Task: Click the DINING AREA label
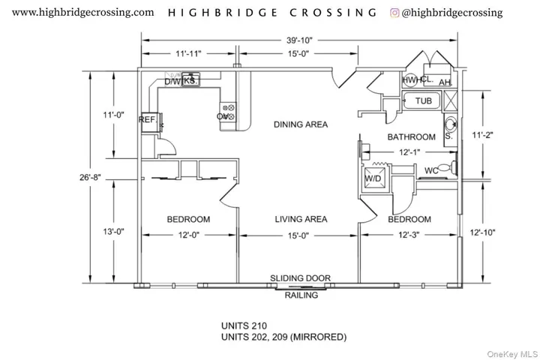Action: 300,124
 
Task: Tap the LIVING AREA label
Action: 300,219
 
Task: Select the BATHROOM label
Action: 411,137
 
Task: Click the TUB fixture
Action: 423,100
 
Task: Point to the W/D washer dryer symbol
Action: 372,180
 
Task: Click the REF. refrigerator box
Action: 147,120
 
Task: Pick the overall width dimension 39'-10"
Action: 300,39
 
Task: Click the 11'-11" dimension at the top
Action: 188,54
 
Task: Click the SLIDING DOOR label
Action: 300,278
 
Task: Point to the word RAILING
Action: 300,295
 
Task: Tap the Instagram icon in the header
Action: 394,13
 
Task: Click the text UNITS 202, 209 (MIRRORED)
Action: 283,337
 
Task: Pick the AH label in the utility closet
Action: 445,82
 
